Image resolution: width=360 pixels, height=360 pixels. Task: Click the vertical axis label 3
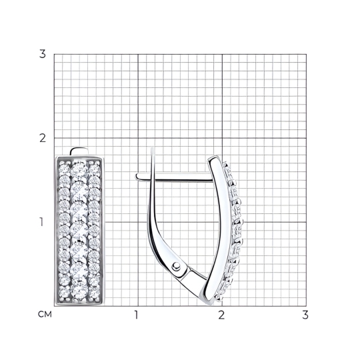click(x=43, y=54)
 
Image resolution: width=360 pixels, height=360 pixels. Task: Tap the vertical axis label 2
click(x=43, y=138)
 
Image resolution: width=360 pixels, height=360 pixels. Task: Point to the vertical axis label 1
click(x=41, y=222)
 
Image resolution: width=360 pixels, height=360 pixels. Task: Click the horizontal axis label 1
click(x=137, y=315)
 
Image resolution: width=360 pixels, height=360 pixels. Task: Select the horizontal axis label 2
click(x=221, y=315)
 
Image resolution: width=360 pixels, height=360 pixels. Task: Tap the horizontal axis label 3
click(x=305, y=315)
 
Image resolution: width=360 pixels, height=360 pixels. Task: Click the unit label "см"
click(x=45, y=315)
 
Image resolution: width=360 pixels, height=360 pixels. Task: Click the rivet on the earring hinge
click(x=176, y=265)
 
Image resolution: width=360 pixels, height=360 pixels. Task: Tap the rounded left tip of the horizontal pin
click(x=137, y=177)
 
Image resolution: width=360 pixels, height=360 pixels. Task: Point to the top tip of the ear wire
click(x=153, y=149)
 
